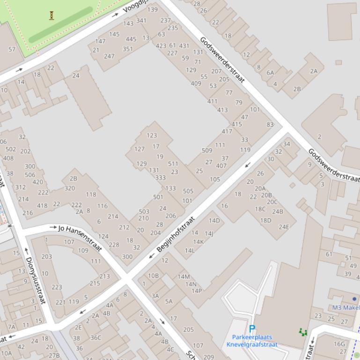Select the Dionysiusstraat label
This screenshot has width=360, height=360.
point(36,281)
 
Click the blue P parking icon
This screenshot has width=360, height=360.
point(252,329)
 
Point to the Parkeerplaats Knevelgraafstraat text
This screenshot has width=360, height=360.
point(252,341)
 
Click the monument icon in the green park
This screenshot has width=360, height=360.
point(51,15)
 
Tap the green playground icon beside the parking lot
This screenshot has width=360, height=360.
point(303,332)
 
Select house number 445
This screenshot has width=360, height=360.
point(131,39)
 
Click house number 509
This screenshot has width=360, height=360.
point(207,151)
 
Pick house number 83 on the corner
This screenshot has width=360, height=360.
point(270,125)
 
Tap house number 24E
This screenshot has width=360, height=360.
point(284,227)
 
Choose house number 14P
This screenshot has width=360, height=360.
point(197,291)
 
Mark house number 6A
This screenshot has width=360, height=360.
point(270,72)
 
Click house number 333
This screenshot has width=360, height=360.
point(161,178)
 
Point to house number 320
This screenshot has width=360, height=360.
point(69,188)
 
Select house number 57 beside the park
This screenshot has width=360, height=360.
point(12,49)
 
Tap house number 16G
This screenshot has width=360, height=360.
point(339,344)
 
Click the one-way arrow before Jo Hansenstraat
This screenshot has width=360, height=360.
point(53,227)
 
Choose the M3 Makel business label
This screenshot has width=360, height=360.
point(345,308)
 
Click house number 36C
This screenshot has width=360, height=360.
point(96,338)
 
